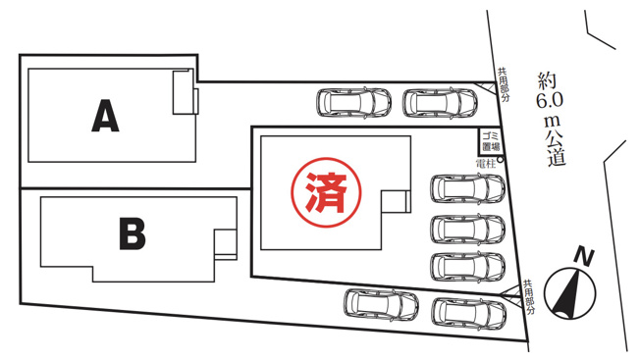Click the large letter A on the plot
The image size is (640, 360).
[105, 117]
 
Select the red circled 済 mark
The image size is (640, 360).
[326, 187]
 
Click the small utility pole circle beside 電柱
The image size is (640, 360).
[501, 160]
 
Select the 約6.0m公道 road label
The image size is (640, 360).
[550, 119]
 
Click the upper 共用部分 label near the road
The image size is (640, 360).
[503, 84]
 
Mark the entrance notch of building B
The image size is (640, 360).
[225, 242]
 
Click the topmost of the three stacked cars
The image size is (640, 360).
[468, 188]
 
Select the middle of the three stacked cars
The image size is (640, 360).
[468, 228]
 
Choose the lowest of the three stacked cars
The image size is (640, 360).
[468, 266]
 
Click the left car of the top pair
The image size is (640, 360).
[352, 102]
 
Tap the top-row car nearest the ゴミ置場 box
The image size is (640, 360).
[439, 102]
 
